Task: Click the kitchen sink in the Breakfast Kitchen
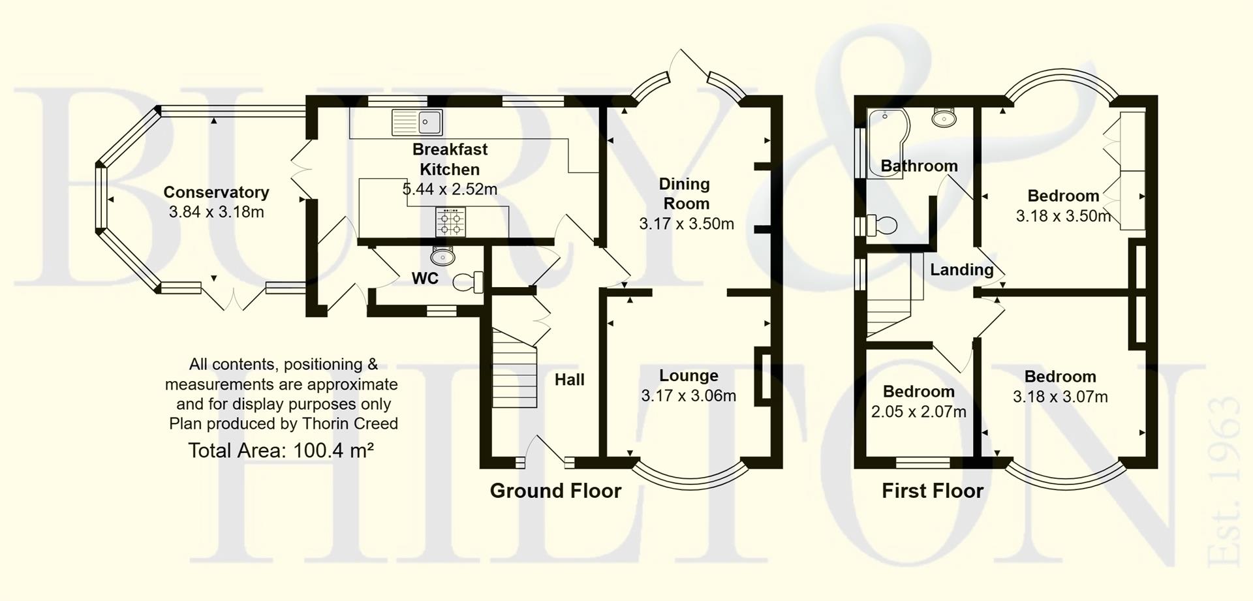[x=417, y=122]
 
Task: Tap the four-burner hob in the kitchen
[x=451, y=222]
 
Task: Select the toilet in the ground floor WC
[x=467, y=282]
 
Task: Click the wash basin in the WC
[x=443, y=256]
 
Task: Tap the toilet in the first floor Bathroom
[x=880, y=226]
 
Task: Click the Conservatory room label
[x=216, y=192]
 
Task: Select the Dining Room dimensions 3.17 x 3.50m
[x=687, y=224]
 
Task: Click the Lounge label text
[x=688, y=375]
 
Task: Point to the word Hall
[x=569, y=380]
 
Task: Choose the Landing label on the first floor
[x=961, y=270]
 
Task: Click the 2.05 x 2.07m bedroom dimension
[x=918, y=412]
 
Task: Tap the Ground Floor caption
[x=555, y=491]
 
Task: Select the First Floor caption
[x=932, y=491]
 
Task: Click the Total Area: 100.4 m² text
[x=281, y=450]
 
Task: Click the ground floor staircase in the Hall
[x=514, y=369]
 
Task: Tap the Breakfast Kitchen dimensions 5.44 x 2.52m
[x=450, y=189]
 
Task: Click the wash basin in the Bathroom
[x=944, y=118]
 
